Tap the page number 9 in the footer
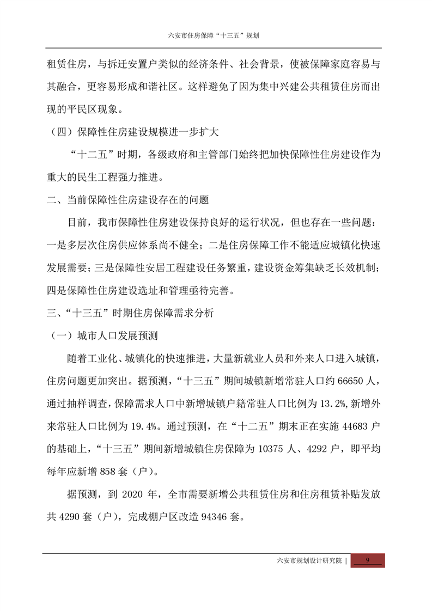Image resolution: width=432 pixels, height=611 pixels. (x=367, y=561)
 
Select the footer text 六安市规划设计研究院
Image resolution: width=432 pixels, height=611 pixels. (x=309, y=561)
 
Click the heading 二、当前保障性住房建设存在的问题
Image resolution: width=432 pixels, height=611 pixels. (x=128, y=199)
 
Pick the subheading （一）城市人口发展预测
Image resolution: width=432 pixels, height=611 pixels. (x=104, y=334)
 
